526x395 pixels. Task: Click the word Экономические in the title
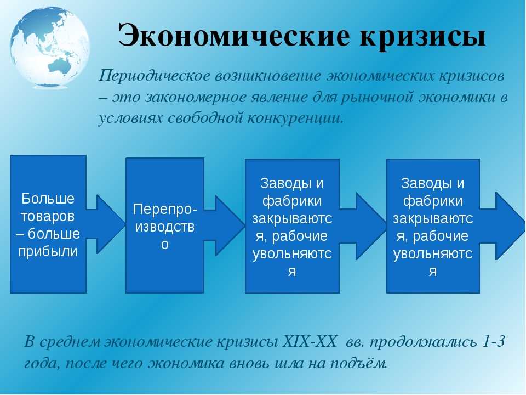click(234, 36)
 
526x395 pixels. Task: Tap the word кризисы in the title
click(423, 37)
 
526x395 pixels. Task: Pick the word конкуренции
click(296, 119)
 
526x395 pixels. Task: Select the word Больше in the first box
click(48, 199)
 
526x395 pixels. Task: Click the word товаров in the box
click(48, 216)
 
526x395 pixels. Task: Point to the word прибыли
click(48, 251)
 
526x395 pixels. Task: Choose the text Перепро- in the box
click(165, 210)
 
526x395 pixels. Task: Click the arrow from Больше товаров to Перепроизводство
click(105, 224)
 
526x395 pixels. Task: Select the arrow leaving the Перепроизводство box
click(224, 225)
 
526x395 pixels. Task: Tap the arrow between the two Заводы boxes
click(362, 226)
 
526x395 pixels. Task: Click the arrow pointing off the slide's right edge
click(502, 225)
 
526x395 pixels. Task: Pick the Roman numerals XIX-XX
click(310, 342)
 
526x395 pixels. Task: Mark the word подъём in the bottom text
click(358, 363)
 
